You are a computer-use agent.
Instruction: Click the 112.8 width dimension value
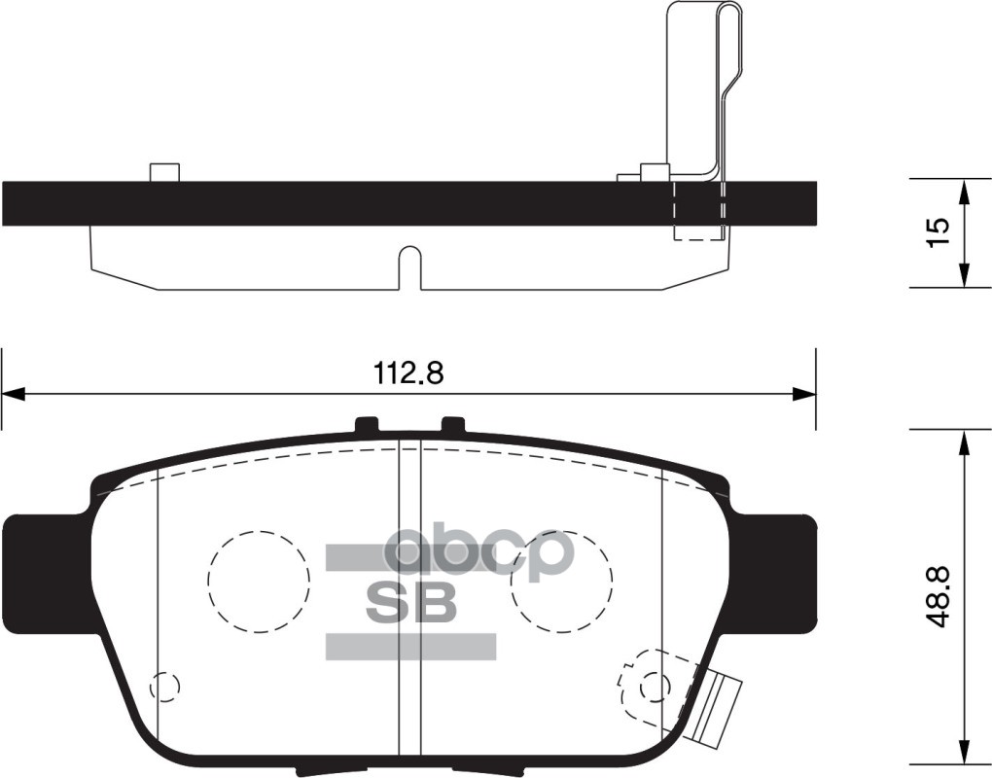[407, 372]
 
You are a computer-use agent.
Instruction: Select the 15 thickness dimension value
[937, 232]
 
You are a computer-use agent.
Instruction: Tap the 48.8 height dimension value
[938, 599]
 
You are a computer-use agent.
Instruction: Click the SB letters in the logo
[409, 603]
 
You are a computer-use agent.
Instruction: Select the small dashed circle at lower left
[165, 686]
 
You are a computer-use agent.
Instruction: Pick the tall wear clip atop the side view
[696, 88]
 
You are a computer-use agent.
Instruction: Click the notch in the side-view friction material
[409, 266]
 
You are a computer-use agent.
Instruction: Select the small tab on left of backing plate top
[164, 172]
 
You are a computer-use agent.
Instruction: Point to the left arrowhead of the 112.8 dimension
[12, 394]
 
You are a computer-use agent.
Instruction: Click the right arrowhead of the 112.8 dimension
[804, 394]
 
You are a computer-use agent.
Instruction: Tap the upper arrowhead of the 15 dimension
[963, 191]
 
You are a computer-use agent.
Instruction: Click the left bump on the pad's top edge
[366, 426]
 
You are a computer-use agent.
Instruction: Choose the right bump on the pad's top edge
[453, 426]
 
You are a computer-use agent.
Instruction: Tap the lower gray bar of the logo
[409, 647]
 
